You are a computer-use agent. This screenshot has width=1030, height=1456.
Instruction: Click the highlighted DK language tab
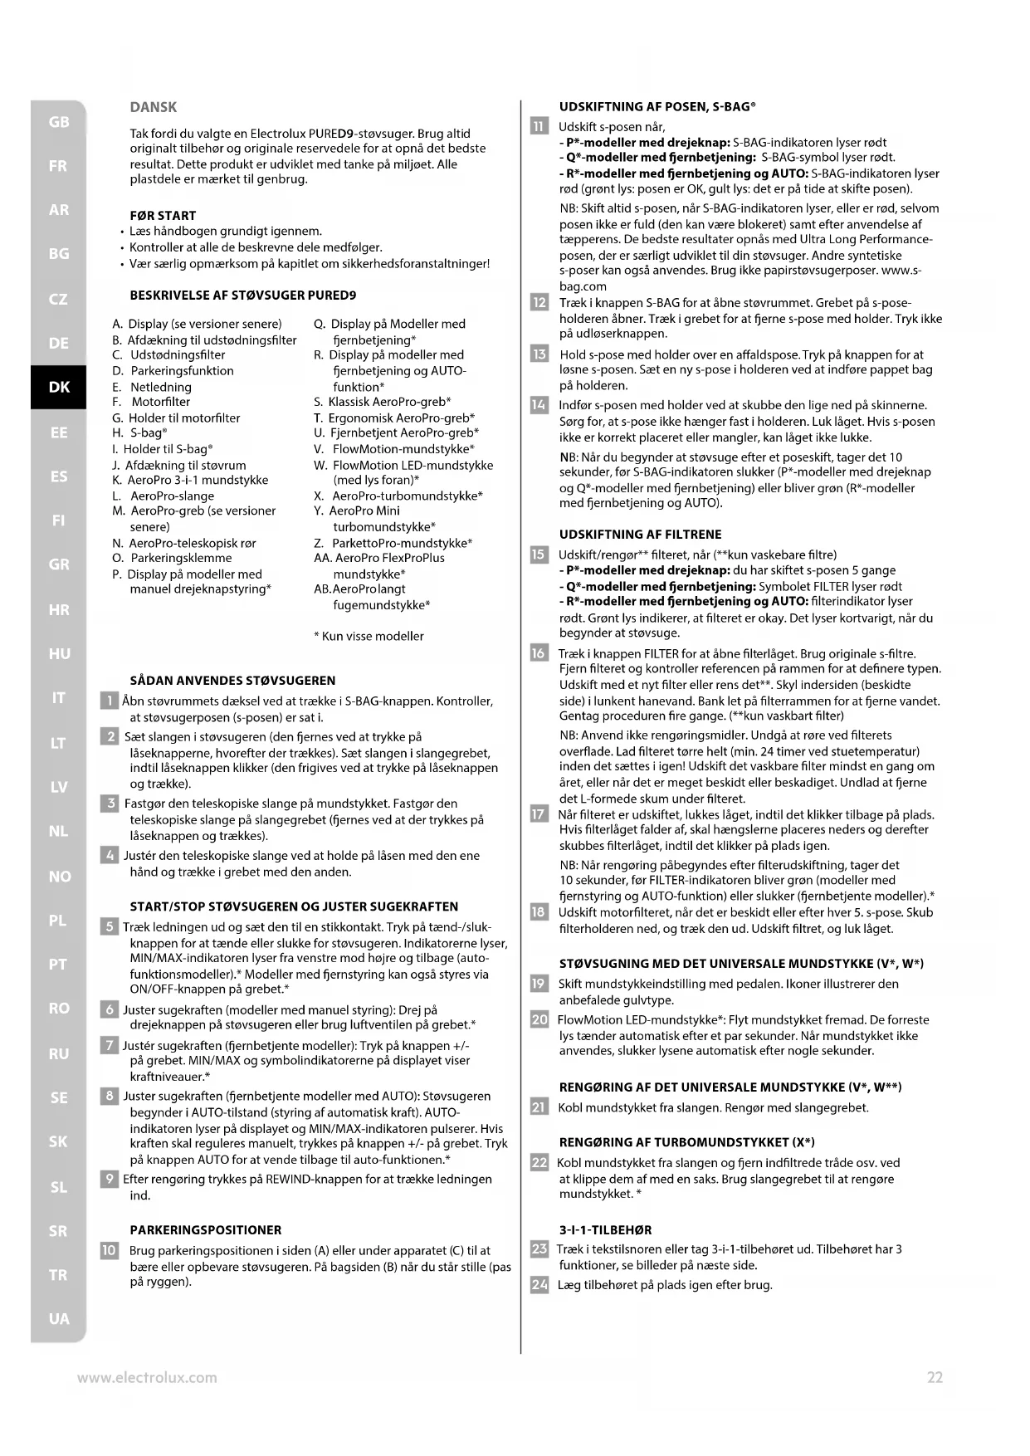pos(59,387)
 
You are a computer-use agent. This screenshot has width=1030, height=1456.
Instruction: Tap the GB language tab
pos(59,122)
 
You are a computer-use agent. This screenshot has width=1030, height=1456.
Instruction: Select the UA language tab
pos(59,1318)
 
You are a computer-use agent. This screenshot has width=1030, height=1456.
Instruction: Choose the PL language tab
pos(58,920)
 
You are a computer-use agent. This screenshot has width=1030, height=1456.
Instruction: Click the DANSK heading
pos(154,107)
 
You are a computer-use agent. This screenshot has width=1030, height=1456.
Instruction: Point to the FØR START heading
pos(163,216)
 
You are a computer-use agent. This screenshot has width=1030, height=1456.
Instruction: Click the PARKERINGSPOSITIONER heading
pos(206,1230)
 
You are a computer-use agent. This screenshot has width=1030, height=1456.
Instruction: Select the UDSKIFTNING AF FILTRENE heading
pos(640,535)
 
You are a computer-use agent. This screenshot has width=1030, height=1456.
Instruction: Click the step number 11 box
pos(539,127)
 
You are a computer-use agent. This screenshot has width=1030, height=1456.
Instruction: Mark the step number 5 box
pos(110,926)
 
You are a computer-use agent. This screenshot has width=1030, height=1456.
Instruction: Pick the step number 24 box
pos(539,1285)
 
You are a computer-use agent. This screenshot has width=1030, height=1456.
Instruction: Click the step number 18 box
pos(539,912)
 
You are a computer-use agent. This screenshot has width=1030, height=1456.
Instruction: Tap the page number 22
pos(935,1378)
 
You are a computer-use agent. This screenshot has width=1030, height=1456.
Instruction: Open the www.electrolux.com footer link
pos(147,1378)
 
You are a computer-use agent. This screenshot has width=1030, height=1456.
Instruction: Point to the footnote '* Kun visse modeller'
pos(369,636)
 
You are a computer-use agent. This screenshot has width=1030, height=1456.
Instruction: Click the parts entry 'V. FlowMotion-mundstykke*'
pos(394,449)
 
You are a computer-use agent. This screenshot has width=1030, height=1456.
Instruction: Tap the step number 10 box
pos(110,1251)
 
